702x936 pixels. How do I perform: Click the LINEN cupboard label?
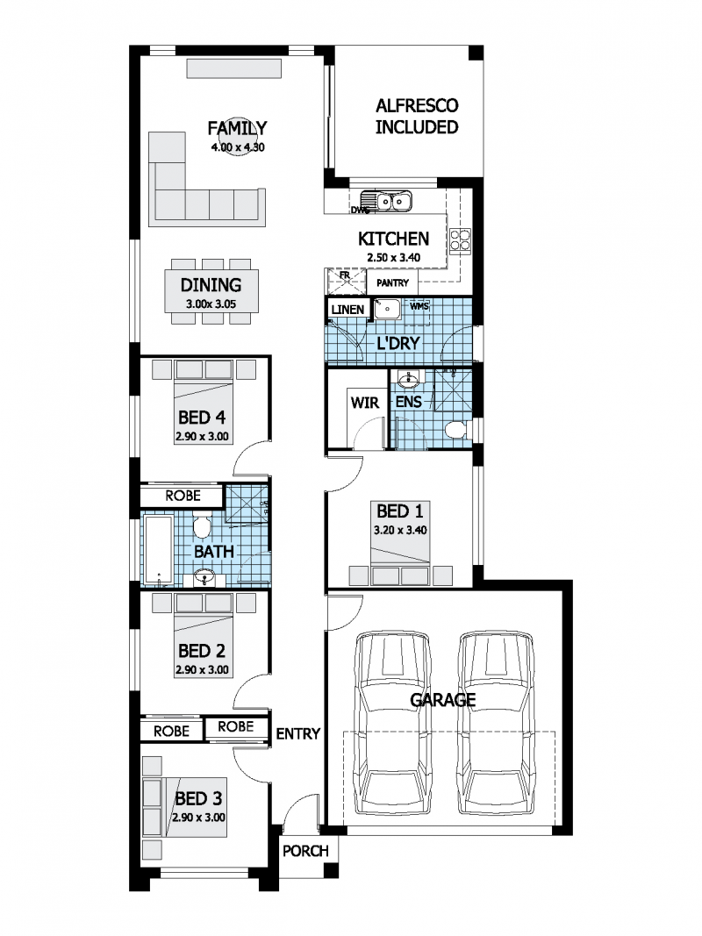(x=347, y=309)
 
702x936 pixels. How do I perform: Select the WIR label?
(x=363, y=404)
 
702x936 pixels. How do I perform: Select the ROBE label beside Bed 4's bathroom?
(x=183, y=497)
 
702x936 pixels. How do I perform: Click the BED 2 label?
(x=201, y=651)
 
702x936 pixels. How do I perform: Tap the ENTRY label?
(x=297, y=734)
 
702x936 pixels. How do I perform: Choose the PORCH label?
(x=305, y=851)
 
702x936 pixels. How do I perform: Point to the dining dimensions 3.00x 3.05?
(x=211, y=304)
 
